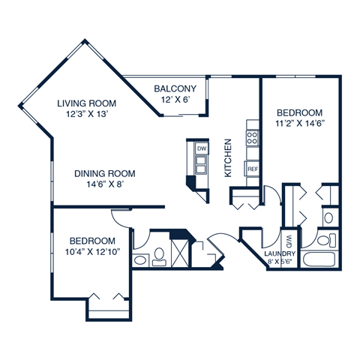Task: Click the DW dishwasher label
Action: pyautogui.click(x=201, y=149)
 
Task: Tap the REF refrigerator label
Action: pyautogui.click(x=253, y=169)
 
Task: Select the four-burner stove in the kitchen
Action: pyautogui.click(x=253, y=138)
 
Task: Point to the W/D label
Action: pyautogui.click(x=289, y=242)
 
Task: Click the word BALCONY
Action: pyautogui.click(x=175, y=88)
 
